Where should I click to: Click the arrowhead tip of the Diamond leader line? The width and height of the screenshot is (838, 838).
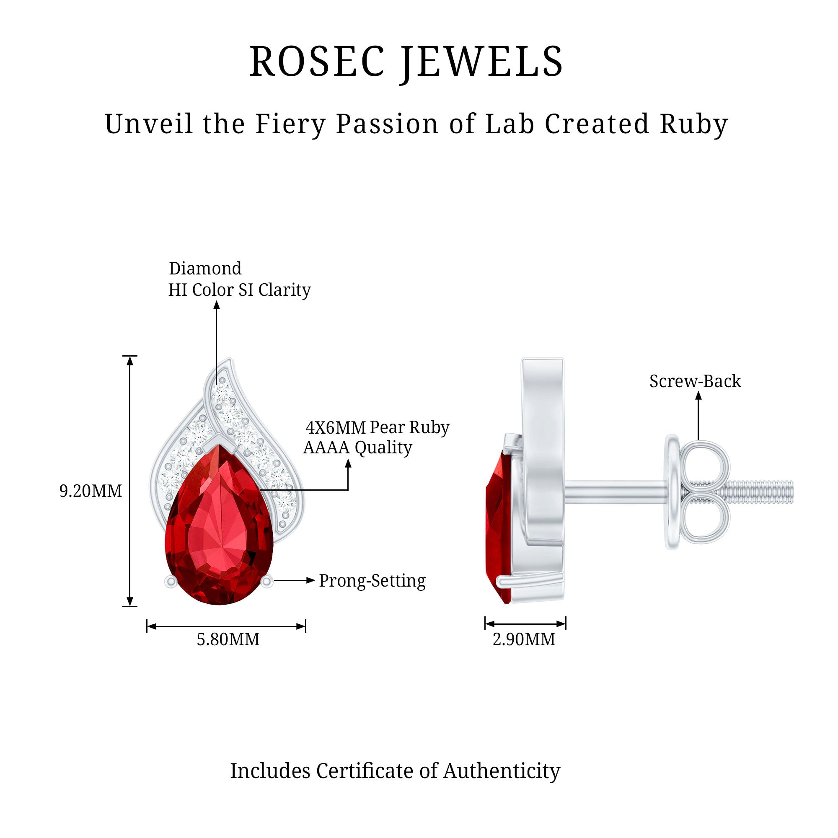coord(217,301)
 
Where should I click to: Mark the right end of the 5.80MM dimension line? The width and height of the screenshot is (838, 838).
coord(305,626)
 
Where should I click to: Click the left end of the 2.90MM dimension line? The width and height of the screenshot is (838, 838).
coord(485,624)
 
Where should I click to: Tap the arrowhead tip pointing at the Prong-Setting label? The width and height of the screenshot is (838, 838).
coord(315,580)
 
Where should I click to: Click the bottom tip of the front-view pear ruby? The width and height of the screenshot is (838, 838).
coord(219,604)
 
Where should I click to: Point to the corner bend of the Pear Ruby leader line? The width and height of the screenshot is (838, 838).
coord(348,490)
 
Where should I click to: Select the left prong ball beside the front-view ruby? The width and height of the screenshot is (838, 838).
coord(171,582)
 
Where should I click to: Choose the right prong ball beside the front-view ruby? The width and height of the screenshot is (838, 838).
coord(267,582)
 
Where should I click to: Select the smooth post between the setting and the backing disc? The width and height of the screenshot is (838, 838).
coord(616,492)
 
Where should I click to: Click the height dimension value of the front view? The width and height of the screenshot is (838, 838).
coord(91,491)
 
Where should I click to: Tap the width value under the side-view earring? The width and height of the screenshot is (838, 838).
coord(524,639)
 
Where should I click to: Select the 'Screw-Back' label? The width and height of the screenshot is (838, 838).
coord(695,381)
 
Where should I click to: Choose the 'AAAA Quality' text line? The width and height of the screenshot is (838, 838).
coord(357,447)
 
